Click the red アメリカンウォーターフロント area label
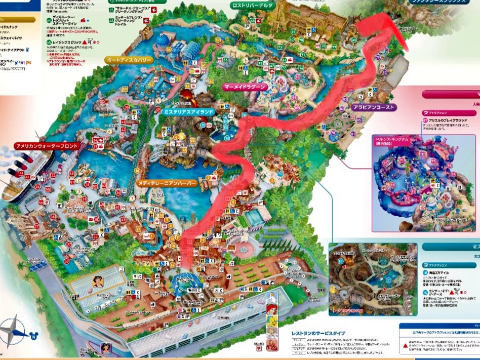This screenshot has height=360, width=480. pos(47,146)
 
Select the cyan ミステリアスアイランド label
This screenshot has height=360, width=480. pos(186,111)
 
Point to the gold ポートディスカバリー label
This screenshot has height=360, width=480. pos(130,60)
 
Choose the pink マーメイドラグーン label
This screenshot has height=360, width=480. pos(245,87)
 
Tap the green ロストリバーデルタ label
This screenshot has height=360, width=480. pos(252,6)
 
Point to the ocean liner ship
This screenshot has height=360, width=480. pos(28,175)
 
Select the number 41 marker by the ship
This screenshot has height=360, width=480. pos(22,173)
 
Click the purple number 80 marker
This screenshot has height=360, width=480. pos(384,72)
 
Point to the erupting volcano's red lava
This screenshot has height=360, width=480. pos(186,95)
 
